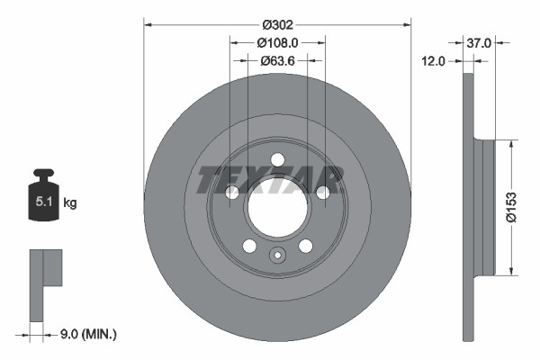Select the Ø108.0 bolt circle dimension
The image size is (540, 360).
(276, 41)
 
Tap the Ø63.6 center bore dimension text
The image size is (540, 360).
(276, 60)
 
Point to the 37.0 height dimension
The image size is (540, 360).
(480, 41)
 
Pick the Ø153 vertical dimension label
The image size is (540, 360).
(509, 206)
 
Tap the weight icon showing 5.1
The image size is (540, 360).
(43, 200)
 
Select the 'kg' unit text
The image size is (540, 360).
(70, 203)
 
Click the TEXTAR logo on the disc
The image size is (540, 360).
(270, 179)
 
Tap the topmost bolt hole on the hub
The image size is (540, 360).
(277, 159)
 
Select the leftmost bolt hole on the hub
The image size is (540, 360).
(231, 193)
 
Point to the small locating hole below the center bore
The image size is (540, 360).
(277, 256)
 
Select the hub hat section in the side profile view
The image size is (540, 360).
(487, 208)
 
